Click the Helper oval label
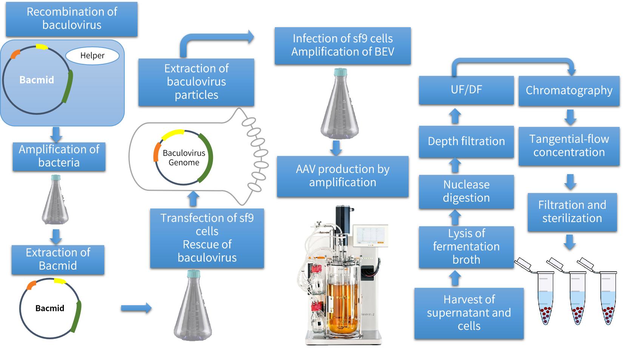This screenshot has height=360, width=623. [x=92, y=56]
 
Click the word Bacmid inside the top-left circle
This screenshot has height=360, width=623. [x=37, y=80]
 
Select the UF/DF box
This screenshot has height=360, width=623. [x=466, y=90]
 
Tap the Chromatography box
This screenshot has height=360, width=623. [x=569, y=91]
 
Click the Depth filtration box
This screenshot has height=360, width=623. [x=466, y=141]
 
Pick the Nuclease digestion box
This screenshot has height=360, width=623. [x=466, y=191]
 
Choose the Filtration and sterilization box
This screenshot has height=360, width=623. [x=572, y=212]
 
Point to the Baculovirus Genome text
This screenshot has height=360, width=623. [x=184, y=158]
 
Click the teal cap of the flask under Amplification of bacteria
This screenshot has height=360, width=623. [x=56, y=178]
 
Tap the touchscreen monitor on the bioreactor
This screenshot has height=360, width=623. [x=370, y=236]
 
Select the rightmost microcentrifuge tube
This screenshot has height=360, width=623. [x=608, y=298]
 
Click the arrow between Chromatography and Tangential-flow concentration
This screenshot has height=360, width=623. [x=570, y=117]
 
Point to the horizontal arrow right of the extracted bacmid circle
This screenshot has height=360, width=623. [x=136, y=308]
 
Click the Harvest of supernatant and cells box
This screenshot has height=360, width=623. [x=469, y=313]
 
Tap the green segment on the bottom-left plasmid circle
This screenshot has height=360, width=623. [x=77, y=317]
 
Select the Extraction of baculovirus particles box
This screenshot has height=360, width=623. [x=196, y=82]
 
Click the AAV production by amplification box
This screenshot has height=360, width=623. [x=342, y=176]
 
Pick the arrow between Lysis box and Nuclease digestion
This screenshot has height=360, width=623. [x=455, y=217]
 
